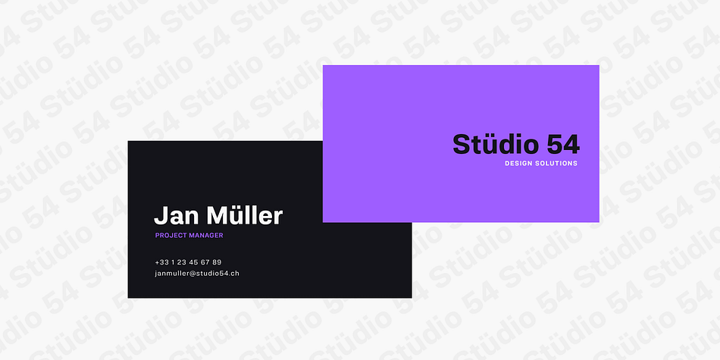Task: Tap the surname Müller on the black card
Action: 245,215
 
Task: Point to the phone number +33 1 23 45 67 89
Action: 188,262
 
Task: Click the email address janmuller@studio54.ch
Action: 197,273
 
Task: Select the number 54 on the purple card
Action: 563,145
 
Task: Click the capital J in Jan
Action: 160,216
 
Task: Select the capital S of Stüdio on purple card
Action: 461,145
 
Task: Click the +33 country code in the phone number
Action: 162,262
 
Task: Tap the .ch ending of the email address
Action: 234,273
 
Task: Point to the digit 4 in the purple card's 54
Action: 571,145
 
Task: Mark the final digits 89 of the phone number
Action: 217,262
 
